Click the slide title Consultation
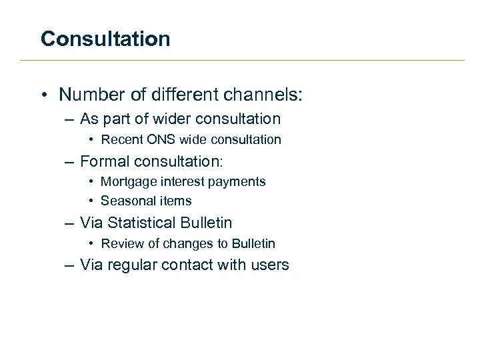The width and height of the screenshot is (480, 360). click(105, 39)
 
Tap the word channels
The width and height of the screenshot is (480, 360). click(263, 95)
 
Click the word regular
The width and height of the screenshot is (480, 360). click(131, 265)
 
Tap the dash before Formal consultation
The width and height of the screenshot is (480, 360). click(70, 162)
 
